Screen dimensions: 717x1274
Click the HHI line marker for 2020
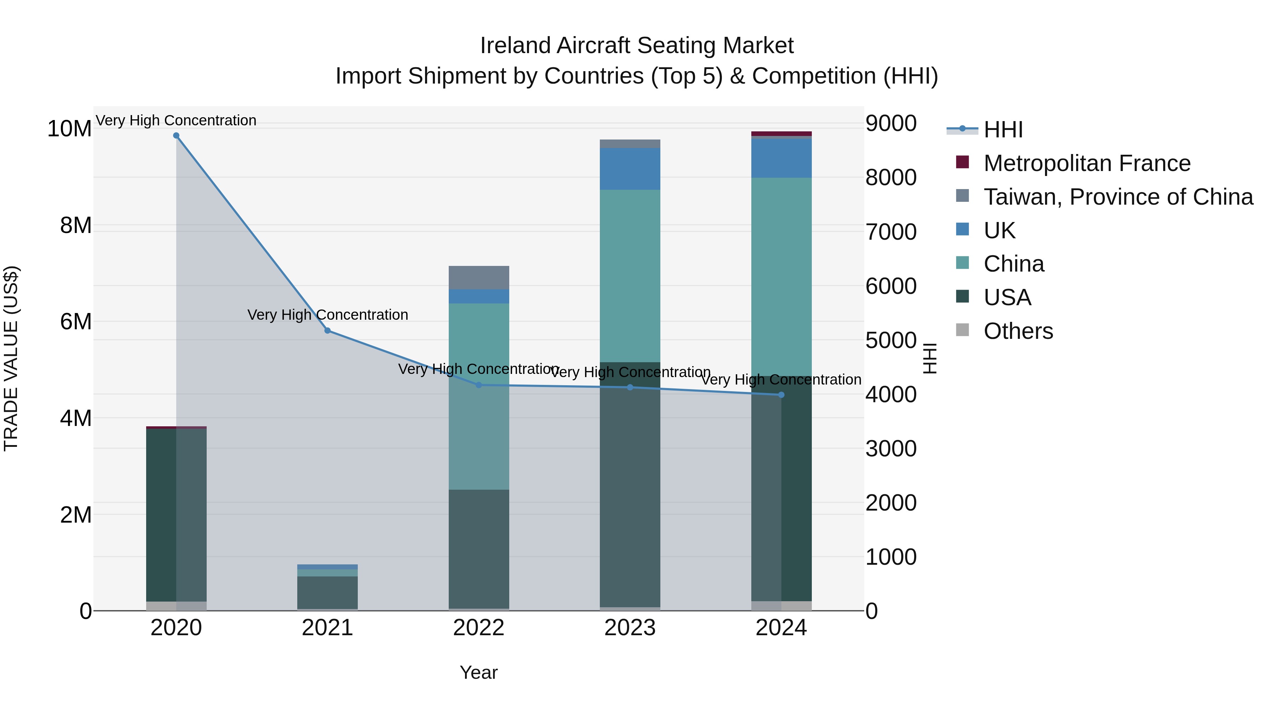point(176,136)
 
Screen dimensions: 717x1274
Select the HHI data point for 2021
point(327,331)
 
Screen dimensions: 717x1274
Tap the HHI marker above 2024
point(781,395)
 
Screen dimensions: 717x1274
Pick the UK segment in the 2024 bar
point(781,158)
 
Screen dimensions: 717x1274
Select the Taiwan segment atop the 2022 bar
point(479,278)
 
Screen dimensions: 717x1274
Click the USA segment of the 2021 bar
point(327,592)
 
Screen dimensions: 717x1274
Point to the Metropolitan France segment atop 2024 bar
point(781,133)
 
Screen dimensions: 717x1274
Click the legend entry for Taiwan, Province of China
point(1118,197)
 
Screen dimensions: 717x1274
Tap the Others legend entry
point(1018,331)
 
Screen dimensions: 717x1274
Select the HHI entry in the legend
point(1003,130)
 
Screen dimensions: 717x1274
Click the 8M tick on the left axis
point(76,226)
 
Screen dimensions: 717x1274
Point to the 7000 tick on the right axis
point(891,232)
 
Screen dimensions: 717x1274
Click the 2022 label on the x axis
point(479,628)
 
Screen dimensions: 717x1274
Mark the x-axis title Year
point(479,672)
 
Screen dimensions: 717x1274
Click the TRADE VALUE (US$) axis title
point(11,358)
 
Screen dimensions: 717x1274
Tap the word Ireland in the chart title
point(515,46)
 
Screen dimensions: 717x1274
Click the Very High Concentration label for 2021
point(327,315)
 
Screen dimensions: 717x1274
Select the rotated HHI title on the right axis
point(930,358)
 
